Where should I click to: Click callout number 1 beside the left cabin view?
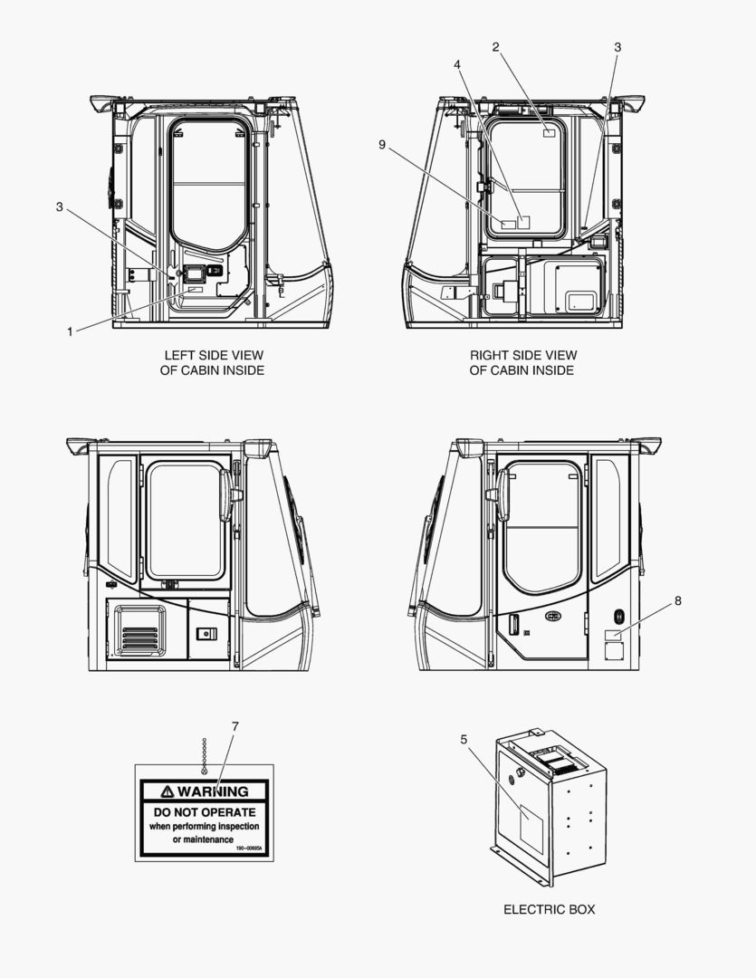(x=70, y=331)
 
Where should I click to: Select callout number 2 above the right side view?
(x=495, y=46)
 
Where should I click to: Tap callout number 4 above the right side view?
(x=457, y=65)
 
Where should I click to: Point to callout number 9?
(x=383, y=144)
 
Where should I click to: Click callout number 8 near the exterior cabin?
(x=677, y=600)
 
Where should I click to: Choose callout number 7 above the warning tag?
(x=234, y=726)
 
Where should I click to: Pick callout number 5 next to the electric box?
(x=464, y=740)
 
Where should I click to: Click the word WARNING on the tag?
(x=212, y=791)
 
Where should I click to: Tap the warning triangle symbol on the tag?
(x=167, y=791)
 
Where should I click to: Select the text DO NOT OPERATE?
(x=205, y=812)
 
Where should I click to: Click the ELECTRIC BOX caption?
(x=549, y=909)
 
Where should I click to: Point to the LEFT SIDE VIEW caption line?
(x=214, y=355)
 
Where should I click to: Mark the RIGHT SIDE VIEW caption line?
(x=522, y=355)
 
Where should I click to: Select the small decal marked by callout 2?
(x=549, y=132)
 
